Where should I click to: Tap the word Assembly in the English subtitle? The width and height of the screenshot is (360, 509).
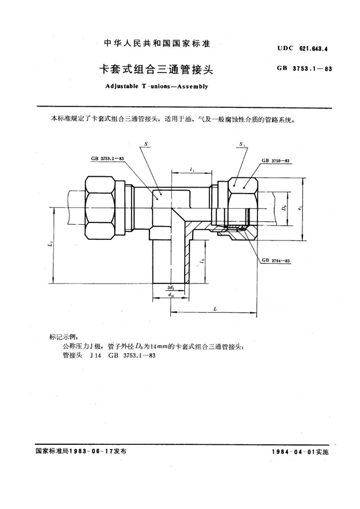point(191,86)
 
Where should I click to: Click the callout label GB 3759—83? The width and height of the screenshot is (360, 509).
point(276,161)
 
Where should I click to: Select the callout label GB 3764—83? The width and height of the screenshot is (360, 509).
point(276,261)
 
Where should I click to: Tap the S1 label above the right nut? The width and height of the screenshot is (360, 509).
point(241,144)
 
